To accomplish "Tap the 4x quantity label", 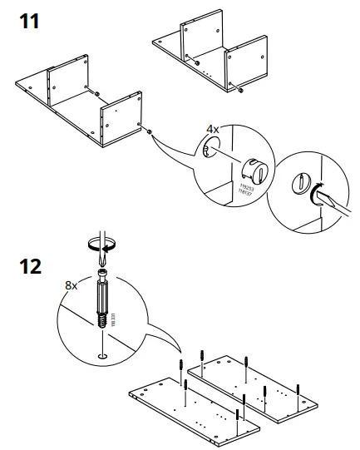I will click(x=213, y=130).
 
